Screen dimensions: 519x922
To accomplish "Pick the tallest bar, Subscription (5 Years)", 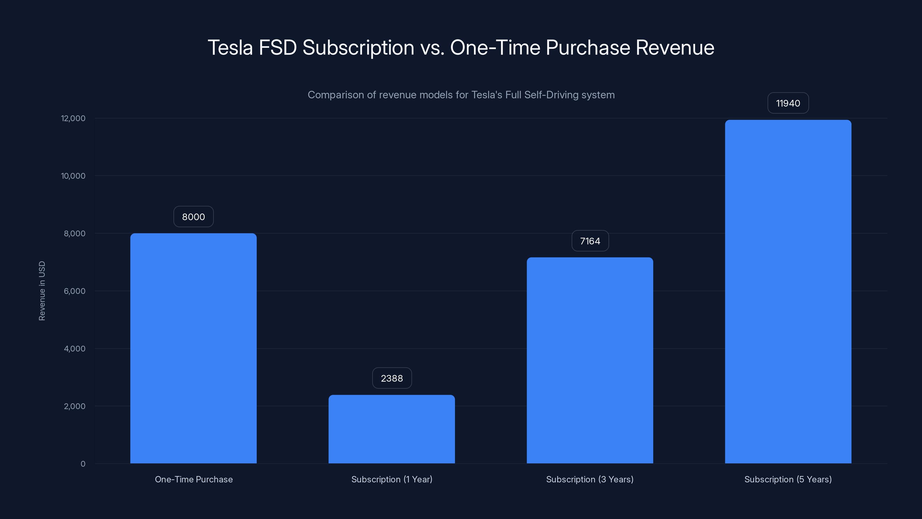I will click(788, 292).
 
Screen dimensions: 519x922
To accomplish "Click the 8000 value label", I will click(193, 217).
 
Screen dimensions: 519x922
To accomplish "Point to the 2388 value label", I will click(392, 378).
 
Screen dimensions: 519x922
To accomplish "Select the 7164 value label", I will click(590, 241).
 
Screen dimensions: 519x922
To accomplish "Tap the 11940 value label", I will click(788, 103).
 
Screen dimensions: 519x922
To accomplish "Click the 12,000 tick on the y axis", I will click(73, 118).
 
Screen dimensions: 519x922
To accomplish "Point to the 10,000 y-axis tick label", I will click(73, 176).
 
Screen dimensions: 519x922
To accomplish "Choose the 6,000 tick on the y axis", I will click(74, 291).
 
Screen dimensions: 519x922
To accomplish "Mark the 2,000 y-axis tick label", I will click(74, 406).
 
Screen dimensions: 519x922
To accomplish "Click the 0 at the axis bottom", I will click(83, 464).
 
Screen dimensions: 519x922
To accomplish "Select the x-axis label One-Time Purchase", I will click(194, 479).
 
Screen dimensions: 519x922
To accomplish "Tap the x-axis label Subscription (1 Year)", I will click(392, 479).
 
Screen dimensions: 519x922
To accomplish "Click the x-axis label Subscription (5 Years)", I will click(788, 479).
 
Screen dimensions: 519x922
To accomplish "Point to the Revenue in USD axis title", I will click(42, 291).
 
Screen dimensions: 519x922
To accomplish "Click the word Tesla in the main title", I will click(230, 48).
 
